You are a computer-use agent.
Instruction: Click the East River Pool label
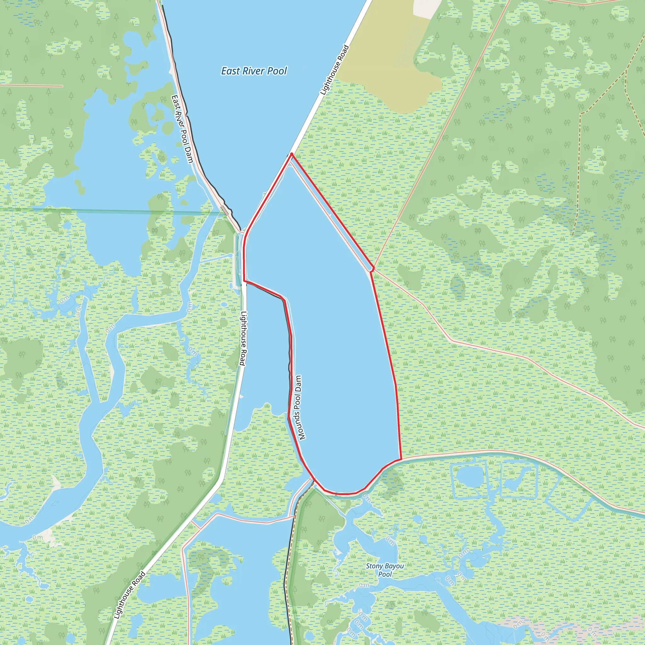[x=254, y=71]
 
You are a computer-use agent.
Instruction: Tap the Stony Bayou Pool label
[x=385, y=570]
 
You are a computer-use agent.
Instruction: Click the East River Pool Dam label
[x=182, y=129]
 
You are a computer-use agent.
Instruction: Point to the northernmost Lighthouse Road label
[x=334, y=70]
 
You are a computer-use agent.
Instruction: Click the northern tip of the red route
[x=292, y=154]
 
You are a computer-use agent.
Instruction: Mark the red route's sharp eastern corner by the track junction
[x=373, y=268]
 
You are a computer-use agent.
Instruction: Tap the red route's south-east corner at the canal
[x=401, y=459]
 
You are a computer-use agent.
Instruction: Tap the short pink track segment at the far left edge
[x=32, y=85]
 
